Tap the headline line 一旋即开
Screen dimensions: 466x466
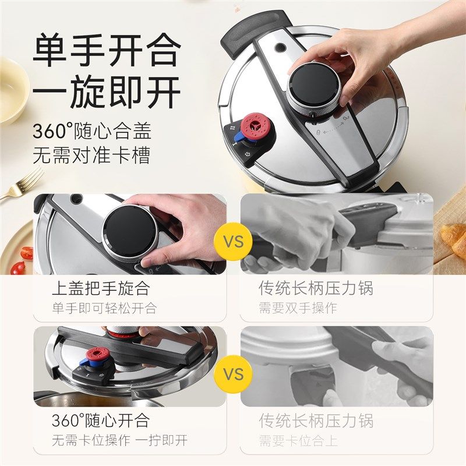tap(105, 93)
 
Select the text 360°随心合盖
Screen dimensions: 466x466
tap(91, 131)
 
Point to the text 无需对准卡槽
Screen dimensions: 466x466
tap(91, 156)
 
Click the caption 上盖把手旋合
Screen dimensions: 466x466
tap(100, 288)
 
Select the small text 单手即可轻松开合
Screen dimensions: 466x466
tap(104, 308)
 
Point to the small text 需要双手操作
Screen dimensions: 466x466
tap(298, 308)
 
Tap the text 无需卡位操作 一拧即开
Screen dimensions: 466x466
tap(119, 440)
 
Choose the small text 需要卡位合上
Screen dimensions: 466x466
tap(298, 440)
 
